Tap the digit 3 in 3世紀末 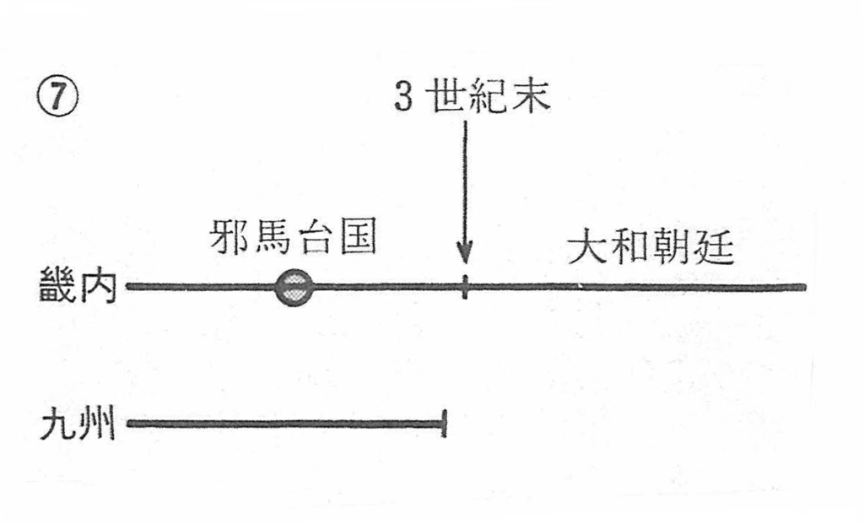tap(404, 98)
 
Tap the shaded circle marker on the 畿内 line tap(294, 287)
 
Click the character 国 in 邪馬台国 tap(355, 240)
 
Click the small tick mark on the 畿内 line tap(465, 287)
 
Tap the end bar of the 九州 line tap(443, 422)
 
